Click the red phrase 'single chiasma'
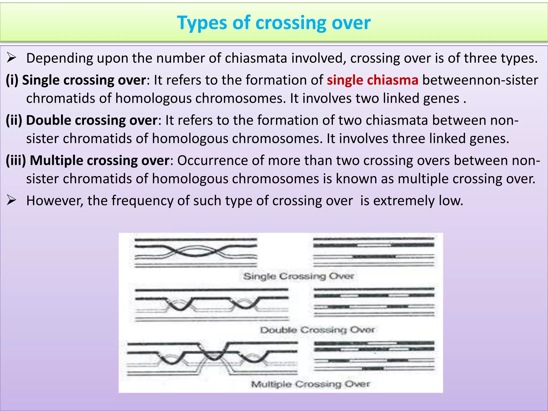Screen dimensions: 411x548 tap(372, 80)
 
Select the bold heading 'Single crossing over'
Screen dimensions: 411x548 tap(84, 80)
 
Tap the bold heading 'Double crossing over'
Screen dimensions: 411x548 tap(92, 120)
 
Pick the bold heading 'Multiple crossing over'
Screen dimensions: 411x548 tap(100, 161)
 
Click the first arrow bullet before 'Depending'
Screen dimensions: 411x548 tap(12, 58)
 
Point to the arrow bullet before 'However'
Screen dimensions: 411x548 tap(12, 200)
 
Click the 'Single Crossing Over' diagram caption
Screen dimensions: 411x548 tap(299, 276)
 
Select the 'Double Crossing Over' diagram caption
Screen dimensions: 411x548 tap(317, 330)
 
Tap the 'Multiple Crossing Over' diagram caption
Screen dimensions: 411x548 tap(310, 384)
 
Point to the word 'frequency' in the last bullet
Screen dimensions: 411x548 tap(142, 200)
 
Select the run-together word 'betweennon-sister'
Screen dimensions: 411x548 tap(480, 80)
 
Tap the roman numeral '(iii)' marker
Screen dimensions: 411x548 tap(16, 161)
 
